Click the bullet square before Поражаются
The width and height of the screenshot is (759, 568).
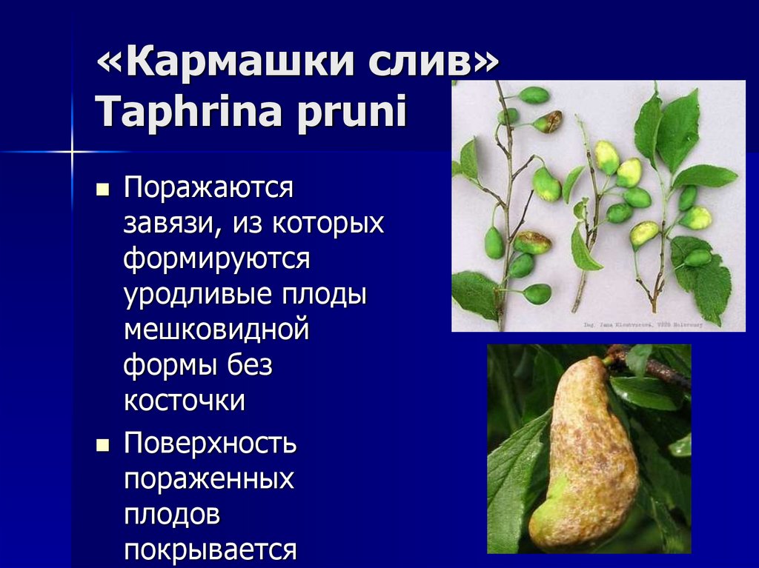[103, 190]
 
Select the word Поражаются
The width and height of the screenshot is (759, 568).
[209, 190]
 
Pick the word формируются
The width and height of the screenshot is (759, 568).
[216, 260]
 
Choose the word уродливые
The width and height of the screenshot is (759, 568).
[197, 295]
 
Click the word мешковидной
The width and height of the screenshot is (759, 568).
[216, 330]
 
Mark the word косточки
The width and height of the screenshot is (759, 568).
[185, 401]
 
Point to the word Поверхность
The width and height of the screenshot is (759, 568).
[211, 444]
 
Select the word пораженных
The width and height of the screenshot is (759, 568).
[209, 481]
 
